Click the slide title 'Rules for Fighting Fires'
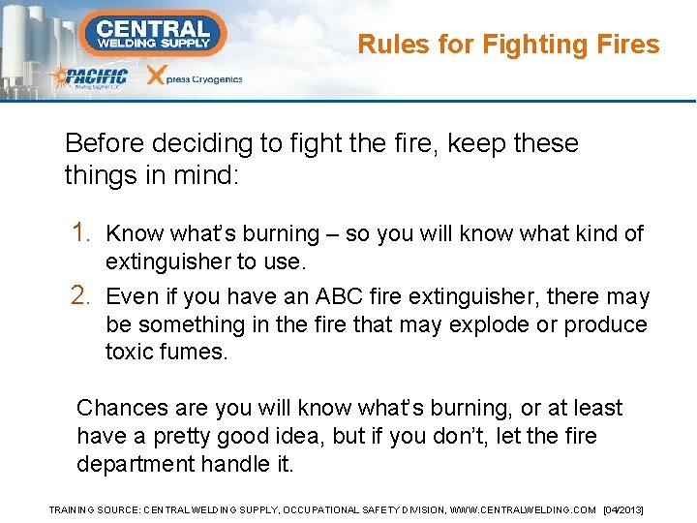(508, 45)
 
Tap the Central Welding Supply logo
(153, 33)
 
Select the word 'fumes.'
(196, 352)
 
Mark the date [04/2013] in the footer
(623, 509)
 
